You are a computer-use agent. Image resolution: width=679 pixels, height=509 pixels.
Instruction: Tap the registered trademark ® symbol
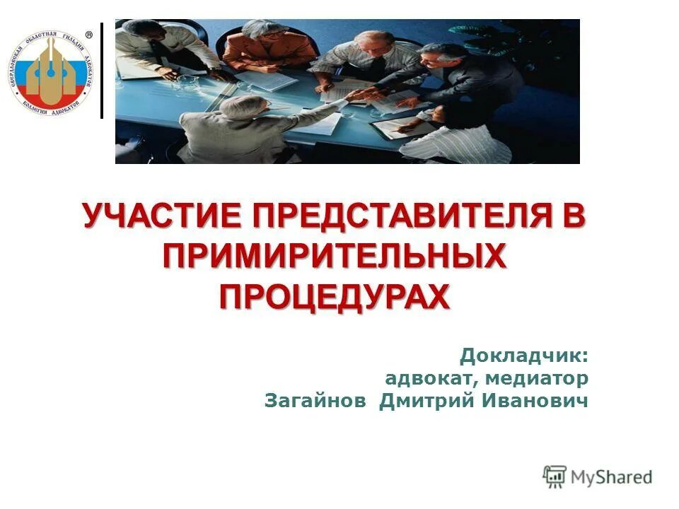pos(89,35)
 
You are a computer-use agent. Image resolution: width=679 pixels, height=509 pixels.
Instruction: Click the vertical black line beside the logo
pos(102,71)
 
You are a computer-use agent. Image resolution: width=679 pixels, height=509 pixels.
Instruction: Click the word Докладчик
pos(524,355)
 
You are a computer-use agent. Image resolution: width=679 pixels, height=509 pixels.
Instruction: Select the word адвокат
pos(429,378)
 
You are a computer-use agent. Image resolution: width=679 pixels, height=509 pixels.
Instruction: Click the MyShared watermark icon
pos(555,476)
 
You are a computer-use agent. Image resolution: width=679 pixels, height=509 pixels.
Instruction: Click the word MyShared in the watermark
pos(612,477)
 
